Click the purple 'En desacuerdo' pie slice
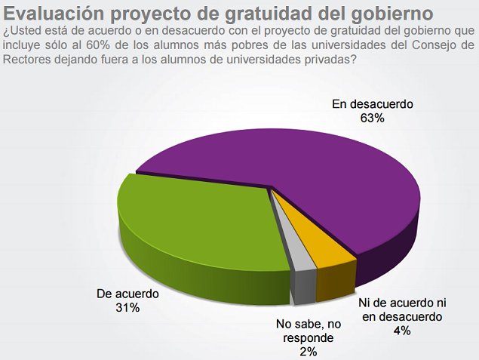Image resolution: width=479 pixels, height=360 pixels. (x=317, y=174)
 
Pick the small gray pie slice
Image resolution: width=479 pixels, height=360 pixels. (x=287, y=257)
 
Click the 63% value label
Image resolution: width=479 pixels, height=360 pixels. (x=373, y=118)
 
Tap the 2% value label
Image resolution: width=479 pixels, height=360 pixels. (x=307, y=351)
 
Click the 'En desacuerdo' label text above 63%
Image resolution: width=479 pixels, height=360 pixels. (x=373, y=104)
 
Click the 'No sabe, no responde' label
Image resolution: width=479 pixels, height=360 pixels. (x=307, y=331)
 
